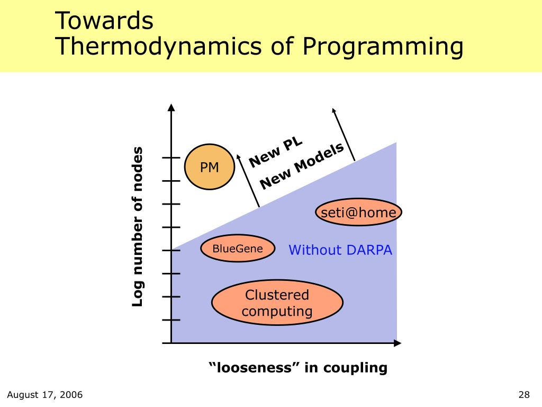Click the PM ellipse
210,167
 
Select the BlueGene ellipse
238,248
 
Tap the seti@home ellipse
358,212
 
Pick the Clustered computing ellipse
277,303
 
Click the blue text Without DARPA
340,250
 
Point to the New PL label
275,153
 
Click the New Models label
302,166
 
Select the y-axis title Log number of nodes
137,227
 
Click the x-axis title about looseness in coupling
298,368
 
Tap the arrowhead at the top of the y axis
171,107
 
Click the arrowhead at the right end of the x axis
398,343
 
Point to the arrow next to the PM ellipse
248,180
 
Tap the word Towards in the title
104,21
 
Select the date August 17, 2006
45,394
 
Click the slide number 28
524,394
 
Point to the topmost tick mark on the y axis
171,157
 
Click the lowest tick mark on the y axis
171,320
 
